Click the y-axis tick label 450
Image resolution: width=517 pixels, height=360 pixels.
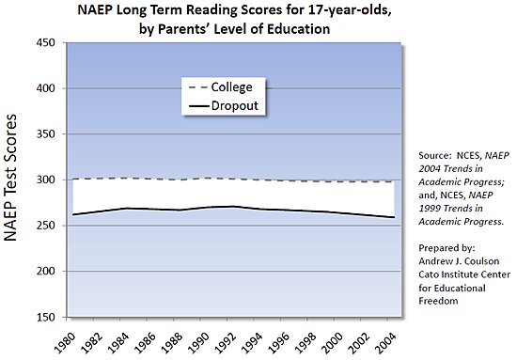(x=43, y=42)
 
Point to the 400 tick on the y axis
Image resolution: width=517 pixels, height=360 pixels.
(x=43, y=88)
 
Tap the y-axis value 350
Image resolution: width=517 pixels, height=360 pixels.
(x=43, y=133)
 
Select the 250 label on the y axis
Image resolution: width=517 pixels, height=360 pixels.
(x=43, y=226)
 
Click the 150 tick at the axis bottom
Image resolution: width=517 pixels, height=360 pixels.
(x=43, y=318)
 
